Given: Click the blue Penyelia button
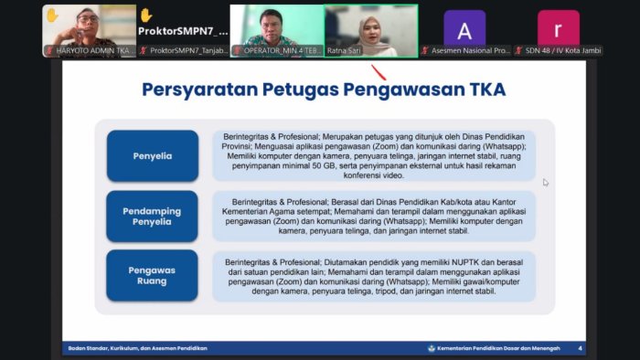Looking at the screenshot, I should point(152,155).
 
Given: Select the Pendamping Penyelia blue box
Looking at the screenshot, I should point(152,216).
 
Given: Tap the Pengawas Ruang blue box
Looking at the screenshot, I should point(152,275).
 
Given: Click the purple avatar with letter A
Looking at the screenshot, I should point(464,29).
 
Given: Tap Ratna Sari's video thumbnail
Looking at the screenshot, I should point(370,27).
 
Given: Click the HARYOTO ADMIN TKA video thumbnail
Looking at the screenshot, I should point(89,27).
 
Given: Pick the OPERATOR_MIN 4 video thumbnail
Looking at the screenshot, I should point(276,27).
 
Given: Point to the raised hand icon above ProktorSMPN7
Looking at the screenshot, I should point(145,15).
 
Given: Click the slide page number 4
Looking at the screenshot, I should point(580,348).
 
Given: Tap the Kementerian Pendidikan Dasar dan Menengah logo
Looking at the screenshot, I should point(432,348).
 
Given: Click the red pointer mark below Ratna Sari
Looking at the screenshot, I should point(378,72).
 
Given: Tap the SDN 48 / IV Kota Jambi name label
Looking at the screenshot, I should point(561,50).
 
